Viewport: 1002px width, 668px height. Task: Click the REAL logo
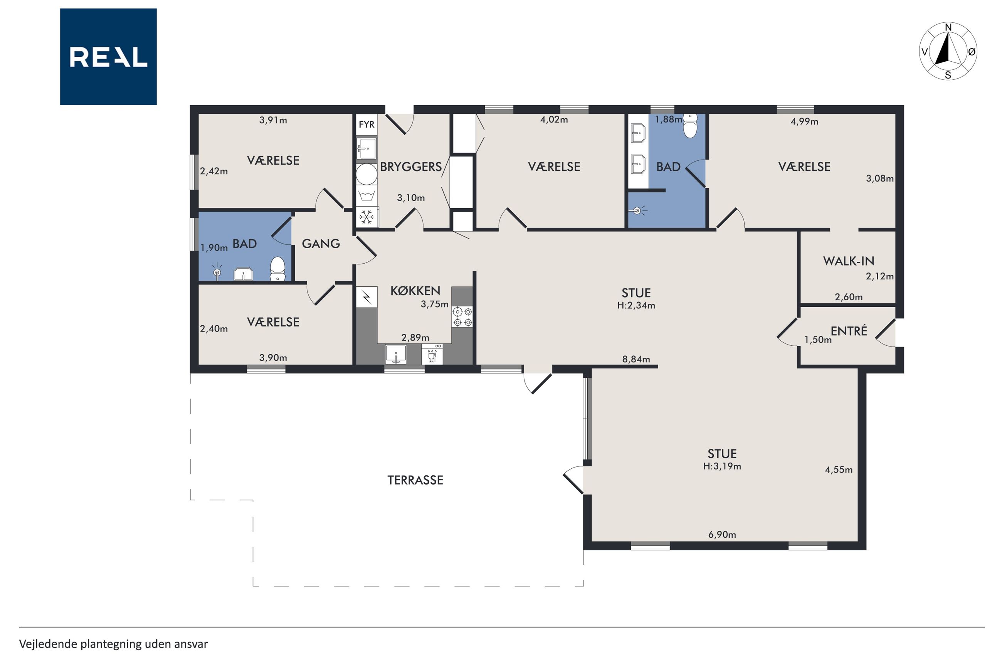click(108, 57)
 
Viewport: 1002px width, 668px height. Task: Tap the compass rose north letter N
click(948, 27)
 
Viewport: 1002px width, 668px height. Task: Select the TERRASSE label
click(415, 480)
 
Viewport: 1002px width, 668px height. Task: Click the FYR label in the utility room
click(367, 125)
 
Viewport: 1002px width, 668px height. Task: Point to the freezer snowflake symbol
click(367, 217)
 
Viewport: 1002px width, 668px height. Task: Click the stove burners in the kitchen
click(462, 316)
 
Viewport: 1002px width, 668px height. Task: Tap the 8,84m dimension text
click(636, 359)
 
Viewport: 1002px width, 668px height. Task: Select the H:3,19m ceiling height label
click(722, 466)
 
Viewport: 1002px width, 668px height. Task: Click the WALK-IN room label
click(848, 261)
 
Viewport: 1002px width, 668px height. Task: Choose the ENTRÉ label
click(849, 331)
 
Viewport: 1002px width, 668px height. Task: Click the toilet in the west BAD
click(277, 269)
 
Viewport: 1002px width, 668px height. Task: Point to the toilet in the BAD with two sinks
click(690, 126)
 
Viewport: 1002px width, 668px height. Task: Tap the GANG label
click(321, 244)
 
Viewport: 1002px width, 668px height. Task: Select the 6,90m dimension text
click(722, 534)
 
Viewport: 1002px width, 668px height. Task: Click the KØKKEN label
click(415, 291)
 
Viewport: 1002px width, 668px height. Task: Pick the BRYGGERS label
click(411, 167)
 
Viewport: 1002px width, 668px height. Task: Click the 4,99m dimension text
click(804, 121)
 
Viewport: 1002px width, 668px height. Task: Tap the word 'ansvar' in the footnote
click(191, 644)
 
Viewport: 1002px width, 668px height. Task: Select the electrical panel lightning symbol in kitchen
click(367, 296)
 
